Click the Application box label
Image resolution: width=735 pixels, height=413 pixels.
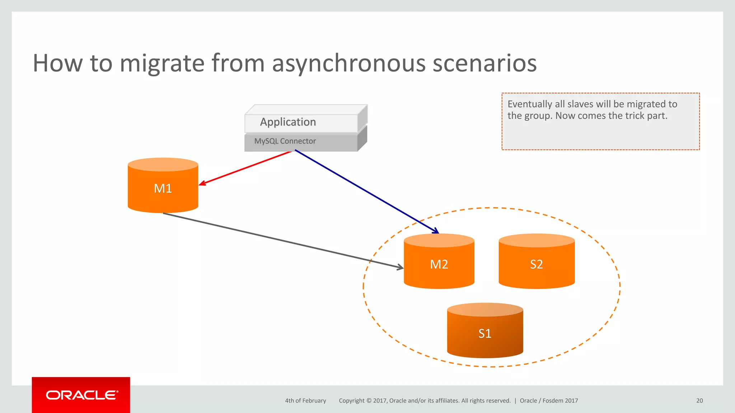(288, 122)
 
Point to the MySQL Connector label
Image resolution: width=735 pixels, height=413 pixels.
(285, 141)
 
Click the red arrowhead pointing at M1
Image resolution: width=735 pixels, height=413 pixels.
(201, 184)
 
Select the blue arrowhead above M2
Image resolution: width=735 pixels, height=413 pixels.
(436, 231)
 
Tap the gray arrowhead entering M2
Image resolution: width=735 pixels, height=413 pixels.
(401, 267)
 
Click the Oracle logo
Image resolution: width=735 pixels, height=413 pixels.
(81, 395)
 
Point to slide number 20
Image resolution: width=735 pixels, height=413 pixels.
(699, 401)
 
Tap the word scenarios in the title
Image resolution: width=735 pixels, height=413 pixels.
(484, 63)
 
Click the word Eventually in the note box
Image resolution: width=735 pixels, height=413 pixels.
(530, 104)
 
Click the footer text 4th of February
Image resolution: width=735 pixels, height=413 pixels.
(305, 401)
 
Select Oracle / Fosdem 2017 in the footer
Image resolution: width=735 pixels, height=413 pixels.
(549, 401)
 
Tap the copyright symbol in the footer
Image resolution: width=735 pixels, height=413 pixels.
(369, 401)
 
